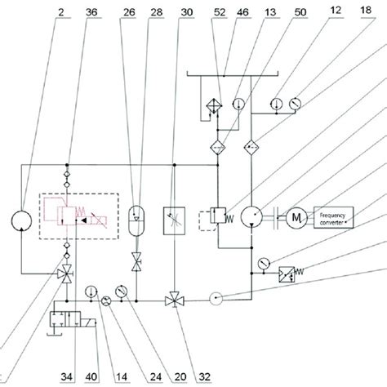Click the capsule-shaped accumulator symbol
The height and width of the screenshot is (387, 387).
click(136, 218)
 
